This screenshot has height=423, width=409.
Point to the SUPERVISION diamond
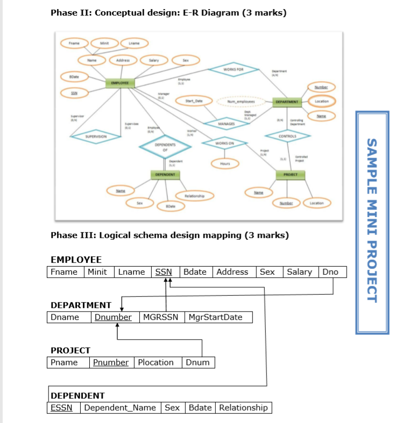click(x=96, y=136)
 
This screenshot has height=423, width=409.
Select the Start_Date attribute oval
click(x=194, y=101)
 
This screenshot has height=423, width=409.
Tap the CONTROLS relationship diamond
click(x=287, y=136)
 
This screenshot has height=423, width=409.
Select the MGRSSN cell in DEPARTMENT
click(x=162, y=317)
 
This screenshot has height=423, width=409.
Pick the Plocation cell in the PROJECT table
click(x=156, y=362)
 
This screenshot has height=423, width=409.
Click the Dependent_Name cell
click(x=121, y=407)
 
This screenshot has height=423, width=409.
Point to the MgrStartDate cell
click(x=218, y=317)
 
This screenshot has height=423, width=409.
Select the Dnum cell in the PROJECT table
click(x=198, y=362)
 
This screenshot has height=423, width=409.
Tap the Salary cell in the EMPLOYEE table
click(x=299, y=272)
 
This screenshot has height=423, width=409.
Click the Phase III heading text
click(x=170, y=235)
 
